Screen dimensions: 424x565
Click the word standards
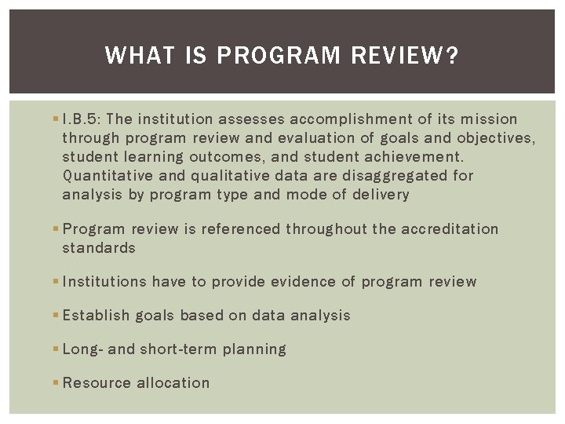click(x=99, y=248)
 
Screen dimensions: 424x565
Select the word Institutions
click(x=104, y=282)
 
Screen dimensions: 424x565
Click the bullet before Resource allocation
click(x=54, y=383)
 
